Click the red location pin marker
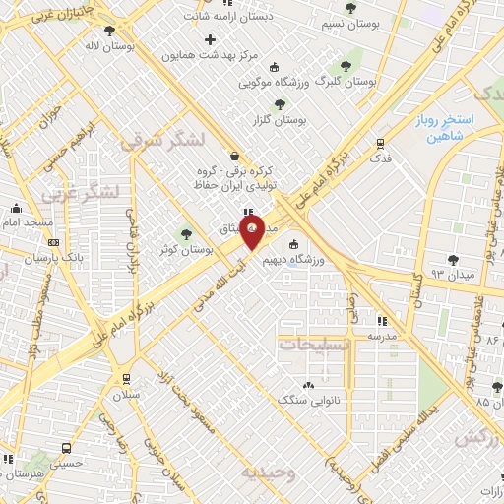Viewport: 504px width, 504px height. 252,231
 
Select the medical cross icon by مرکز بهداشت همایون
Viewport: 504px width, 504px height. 210,39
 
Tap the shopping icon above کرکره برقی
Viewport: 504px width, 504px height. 232,156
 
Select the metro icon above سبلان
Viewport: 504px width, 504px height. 125,377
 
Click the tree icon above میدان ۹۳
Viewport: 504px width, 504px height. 453,260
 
